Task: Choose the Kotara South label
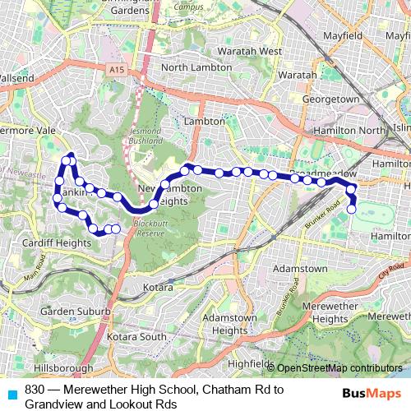142,337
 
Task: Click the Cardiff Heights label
58,242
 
